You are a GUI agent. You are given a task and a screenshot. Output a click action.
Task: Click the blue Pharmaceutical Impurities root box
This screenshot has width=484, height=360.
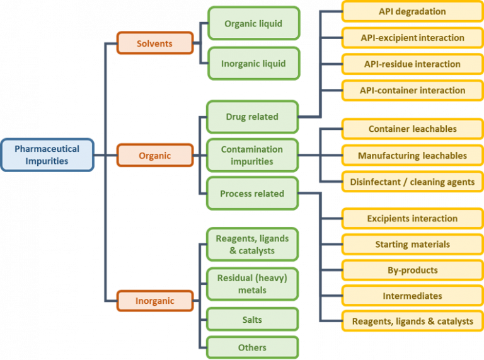(47, 154)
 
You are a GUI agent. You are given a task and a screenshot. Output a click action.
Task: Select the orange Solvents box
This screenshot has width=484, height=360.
(155, 44)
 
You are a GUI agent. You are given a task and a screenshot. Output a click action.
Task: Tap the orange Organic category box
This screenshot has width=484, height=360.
(155, 154)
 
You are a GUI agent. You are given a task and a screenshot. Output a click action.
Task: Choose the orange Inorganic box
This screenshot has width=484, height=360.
(155, 301)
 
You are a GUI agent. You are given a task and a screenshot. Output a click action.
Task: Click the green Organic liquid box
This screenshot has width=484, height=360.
(253, 24)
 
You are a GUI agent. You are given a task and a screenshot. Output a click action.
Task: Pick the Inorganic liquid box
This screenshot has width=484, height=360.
(253, 64)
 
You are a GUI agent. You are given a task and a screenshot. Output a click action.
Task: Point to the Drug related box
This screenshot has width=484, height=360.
(252, 117)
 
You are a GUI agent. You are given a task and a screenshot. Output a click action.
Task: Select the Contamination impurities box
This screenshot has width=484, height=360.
(252, 155)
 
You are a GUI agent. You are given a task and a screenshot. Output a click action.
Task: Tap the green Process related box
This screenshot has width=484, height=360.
(252, 194)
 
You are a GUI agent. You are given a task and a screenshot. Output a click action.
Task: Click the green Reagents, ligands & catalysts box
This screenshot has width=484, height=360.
(253, 245)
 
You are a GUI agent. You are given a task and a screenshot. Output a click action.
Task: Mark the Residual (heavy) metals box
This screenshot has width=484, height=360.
(253, 284)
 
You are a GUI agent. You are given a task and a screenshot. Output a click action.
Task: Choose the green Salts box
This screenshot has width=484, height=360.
(253, 320)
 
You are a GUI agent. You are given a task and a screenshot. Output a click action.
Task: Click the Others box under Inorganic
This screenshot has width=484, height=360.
(253, 347)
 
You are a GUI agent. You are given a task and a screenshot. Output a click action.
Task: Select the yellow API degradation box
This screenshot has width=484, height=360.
(412, 12)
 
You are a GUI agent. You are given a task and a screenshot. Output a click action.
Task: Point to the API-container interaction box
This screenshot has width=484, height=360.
(412, 90)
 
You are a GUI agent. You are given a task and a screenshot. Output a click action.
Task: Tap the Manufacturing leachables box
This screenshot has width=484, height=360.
(412, 155)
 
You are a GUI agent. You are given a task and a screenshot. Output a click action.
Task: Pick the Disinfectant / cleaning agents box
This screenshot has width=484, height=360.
(412, 182)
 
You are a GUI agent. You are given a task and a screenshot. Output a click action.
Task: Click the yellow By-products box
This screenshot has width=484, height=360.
(412, 270)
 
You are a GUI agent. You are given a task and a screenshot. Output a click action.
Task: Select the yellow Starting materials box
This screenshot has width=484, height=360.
(412, 244)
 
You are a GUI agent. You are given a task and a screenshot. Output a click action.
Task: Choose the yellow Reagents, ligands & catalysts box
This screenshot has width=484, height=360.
(412, 321)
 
